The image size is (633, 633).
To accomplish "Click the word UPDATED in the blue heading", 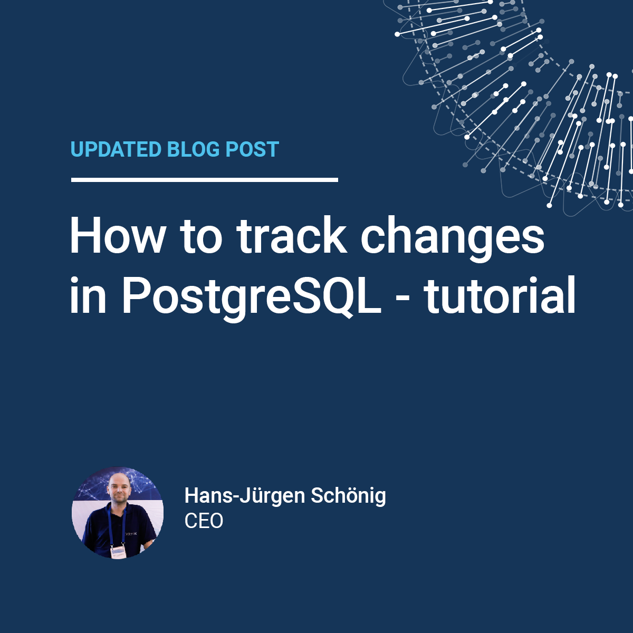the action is pos(116,149).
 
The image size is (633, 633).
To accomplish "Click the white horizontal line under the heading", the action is pos(205,180).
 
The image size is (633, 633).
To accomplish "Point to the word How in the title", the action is pos(117,235).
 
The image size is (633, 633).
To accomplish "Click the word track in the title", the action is pos(292,235).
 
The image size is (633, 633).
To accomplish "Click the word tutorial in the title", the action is pos(500,295).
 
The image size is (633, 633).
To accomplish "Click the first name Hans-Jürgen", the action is pos(245,496).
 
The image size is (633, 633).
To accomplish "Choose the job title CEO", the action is pos(204,521).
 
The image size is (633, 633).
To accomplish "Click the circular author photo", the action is pos(117,512).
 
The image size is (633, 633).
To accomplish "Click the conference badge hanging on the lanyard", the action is pos(118,552).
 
